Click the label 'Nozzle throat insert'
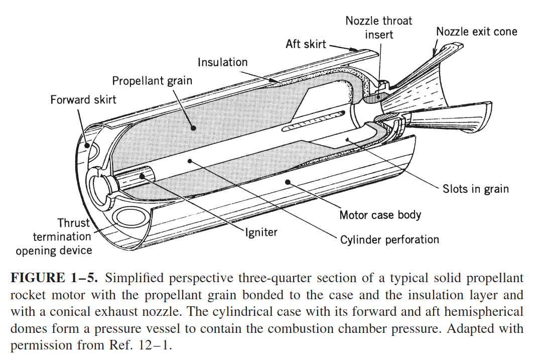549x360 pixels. tap(378, 28)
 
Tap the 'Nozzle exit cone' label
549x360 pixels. tap(476, 32)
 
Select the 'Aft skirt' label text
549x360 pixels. tap(306, 44)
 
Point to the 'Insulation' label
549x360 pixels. tap(222, 62)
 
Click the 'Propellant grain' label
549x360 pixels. tap(152, 81)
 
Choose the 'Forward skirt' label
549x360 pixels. tap(83, 99)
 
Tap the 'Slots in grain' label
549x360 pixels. tap(475, 189)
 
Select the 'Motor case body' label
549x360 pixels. tap(380, 215)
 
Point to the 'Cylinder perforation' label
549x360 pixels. tap(389, 240)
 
